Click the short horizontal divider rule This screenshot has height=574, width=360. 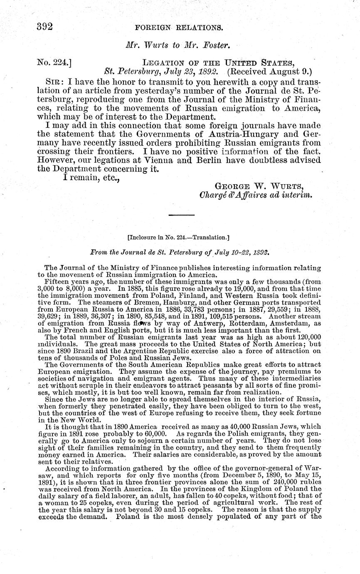click(x=182, y=215)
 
